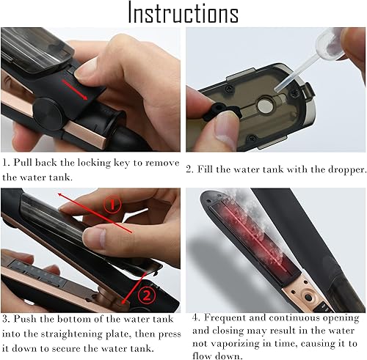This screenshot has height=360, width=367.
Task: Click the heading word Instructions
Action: pos(183,13)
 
